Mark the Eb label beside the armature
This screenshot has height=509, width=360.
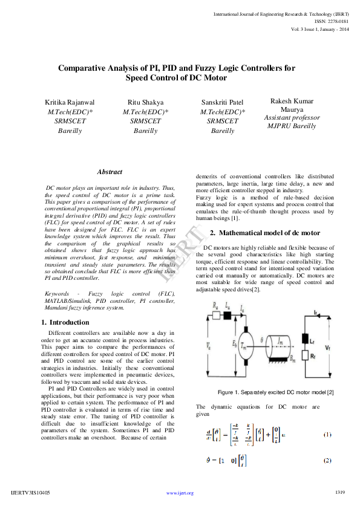point(234,344)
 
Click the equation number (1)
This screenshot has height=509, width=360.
point(327,435)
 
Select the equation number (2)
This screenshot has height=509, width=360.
point(327,461)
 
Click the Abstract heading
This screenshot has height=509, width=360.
point(110,172)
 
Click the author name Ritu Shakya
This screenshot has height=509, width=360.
point(146,102)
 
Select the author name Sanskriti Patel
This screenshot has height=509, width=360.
point(223,102)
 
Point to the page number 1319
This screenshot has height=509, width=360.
point(340,493)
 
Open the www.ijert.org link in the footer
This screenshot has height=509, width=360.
point(180,493)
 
